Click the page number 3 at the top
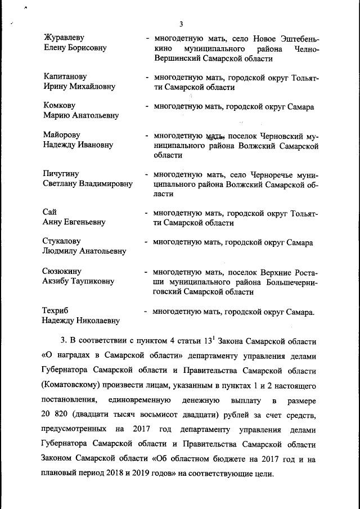point(181,24)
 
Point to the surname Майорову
point(62,135)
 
